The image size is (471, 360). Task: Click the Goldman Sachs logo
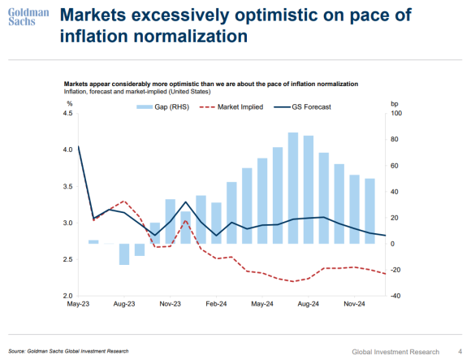click(28, 17)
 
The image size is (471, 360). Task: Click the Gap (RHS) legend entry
click(162, 107)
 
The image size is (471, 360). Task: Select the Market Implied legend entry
click(231, 107)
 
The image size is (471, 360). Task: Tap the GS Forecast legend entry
click(302, 107)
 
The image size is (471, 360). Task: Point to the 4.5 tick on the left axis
click(68, 113)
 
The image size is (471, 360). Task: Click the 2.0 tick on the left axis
click(68, 296)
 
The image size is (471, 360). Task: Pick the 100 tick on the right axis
click(396, 113)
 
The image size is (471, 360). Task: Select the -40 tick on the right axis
click(395, 296)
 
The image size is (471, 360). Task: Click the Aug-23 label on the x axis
click(124, 304)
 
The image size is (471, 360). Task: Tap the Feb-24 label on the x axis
click(216, 304)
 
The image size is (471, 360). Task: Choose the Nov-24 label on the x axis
click(354, 304)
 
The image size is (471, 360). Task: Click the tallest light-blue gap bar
click(293, 188)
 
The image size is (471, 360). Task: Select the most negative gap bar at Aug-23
click(124, 254)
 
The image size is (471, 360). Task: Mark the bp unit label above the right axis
click(395, 104)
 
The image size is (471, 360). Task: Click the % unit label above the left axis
click(70, 104)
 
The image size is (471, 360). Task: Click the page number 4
click(460, 351)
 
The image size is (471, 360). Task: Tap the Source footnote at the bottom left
click(68, 351)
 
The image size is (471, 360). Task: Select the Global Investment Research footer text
click(395, 352)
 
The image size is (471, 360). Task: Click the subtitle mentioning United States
click(137, 91)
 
